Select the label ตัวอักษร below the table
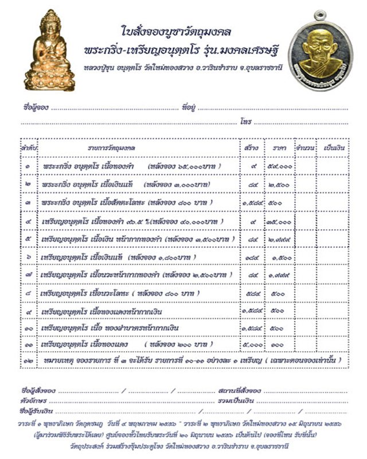pyautogui.click(x=32, y=400)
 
